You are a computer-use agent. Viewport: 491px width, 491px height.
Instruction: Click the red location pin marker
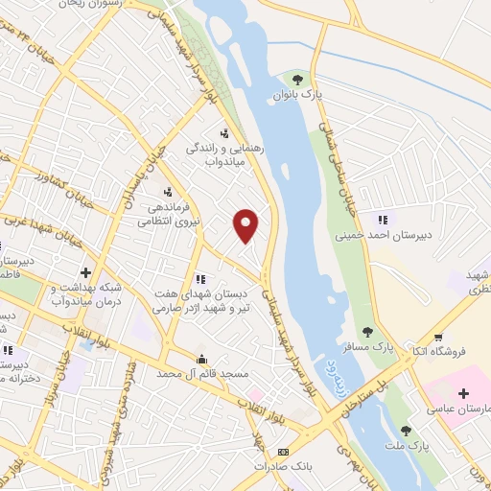click(246, 224)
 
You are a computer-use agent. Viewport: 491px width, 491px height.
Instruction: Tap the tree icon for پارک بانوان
click(297, 80)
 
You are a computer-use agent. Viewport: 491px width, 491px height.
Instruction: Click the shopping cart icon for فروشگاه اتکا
click(438, 338)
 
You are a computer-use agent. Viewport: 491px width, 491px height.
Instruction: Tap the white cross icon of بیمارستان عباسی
click(463, 393)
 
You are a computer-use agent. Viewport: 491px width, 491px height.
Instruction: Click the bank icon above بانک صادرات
click(281, 452)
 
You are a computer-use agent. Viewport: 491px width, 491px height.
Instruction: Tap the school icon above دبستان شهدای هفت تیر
click(199, 279)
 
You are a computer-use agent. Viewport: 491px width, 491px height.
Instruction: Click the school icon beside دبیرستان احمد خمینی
click(385, 220)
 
